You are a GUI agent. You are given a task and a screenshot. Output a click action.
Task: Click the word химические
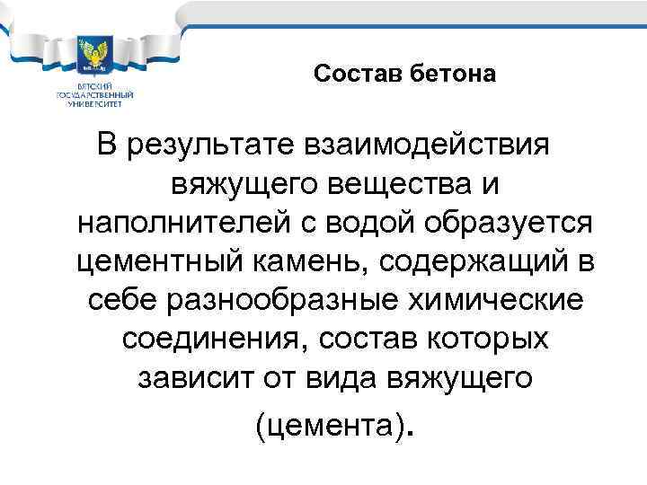tap(500, 299)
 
